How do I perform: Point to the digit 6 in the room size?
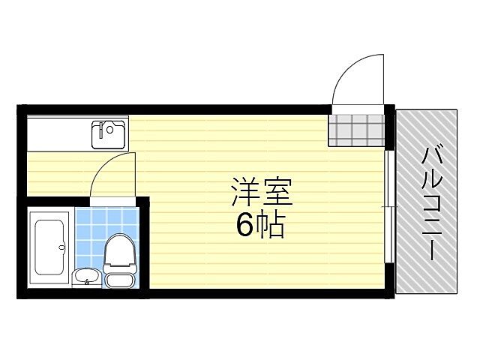tap(245, 224)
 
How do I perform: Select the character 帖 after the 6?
tap(271, 224)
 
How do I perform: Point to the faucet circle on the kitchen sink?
tap(110, 129)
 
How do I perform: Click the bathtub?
tap(50, 247)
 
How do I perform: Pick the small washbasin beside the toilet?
tap(87, 277)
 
